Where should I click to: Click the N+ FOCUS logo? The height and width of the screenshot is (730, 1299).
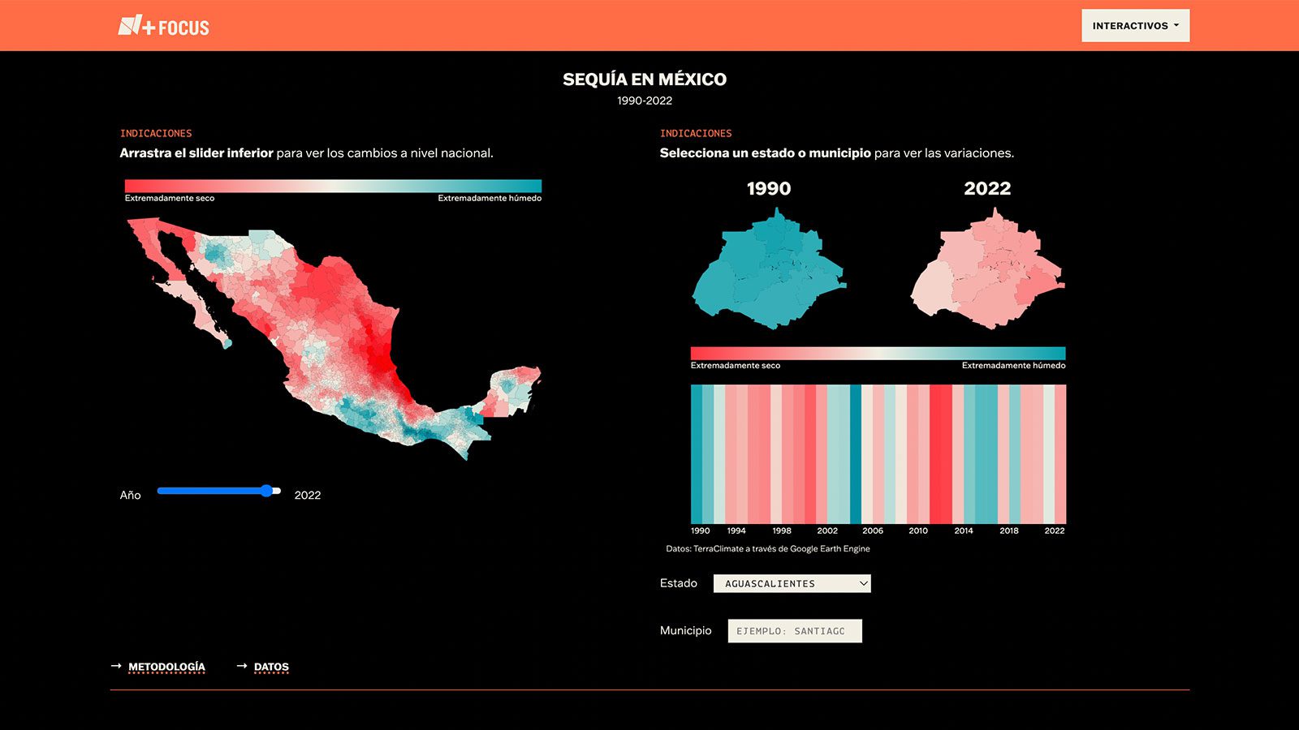[x=163, y=26]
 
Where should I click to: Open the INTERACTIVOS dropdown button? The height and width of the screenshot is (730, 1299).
[x=1136, y=25]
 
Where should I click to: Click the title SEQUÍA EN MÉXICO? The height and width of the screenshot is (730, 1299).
[x=645, y=79]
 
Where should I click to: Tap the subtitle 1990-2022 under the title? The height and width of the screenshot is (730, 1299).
[x=645, y=101]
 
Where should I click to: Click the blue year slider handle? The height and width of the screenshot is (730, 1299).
[x=266, y=491]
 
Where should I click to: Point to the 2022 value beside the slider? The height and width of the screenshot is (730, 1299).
[x=308, y=495]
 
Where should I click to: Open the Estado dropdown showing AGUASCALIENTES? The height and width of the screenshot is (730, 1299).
[x=792, y=583]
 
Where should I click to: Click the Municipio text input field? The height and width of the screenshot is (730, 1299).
[x=795, y=631]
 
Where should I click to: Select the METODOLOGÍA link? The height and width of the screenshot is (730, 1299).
[x=166, y=667]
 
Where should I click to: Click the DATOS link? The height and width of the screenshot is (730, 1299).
[x=271, y=667]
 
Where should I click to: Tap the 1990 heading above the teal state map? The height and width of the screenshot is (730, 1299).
[x=769, y=188]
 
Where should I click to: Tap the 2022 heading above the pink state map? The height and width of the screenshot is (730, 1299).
[x=987, y=188]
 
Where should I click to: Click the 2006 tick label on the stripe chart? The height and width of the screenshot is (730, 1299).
[x=873, y=530]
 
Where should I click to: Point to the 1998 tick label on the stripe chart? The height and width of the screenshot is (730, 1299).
[x=782, y=530]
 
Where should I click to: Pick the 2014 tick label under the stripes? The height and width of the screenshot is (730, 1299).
[x=964, y=530]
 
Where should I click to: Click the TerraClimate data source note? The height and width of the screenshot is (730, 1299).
[x=768, y=548]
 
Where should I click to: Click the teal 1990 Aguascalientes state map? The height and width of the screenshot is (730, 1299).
[x=769, y=269]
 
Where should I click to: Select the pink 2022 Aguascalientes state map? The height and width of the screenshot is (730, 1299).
[x=987, y=269]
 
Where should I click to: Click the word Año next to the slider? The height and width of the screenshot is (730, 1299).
[x=131, y=496]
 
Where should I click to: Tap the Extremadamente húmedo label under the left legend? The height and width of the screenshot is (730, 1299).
[x=490, y=198]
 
